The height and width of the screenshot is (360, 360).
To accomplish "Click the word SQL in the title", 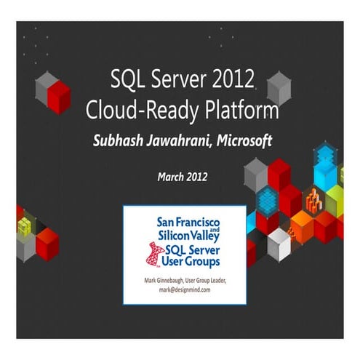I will pos(126,79).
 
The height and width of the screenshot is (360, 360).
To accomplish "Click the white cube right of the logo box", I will pos(279,244).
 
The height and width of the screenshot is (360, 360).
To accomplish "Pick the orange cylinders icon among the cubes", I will pos(313,198).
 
